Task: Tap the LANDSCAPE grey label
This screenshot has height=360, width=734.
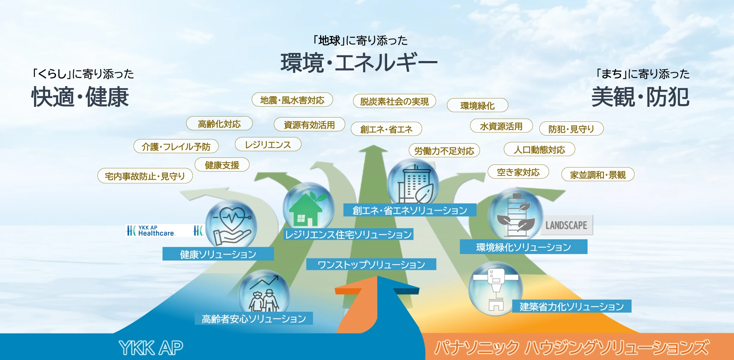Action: [x=566, y=225]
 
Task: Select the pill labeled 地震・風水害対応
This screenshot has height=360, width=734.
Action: [x=292, y=100]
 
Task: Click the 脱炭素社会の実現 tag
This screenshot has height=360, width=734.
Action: [x=395, y=101]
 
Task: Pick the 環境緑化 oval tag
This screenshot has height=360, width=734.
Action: [x=477, y=106]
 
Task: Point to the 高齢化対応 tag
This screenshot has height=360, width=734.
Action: [x=219, y=124]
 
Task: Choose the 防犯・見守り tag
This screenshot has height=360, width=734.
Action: [x=571, y=129]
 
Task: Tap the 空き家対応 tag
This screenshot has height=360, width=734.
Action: [x=518, y=172]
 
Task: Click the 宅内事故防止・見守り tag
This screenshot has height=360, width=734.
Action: [x=145, y=176]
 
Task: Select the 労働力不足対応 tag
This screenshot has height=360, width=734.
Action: [x=444, y=151]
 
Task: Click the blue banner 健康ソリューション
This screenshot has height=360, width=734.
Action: [x=218, y=254]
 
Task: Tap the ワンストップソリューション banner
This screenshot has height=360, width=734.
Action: [x=371, y=264]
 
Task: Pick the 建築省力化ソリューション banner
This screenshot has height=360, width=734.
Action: [x=572, y=306]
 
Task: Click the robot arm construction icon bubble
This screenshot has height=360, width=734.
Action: [x=495, y=288]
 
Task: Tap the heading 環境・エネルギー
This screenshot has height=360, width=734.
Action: [x=359, y=63]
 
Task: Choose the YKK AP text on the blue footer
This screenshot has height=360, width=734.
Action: [x=151, y=348]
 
